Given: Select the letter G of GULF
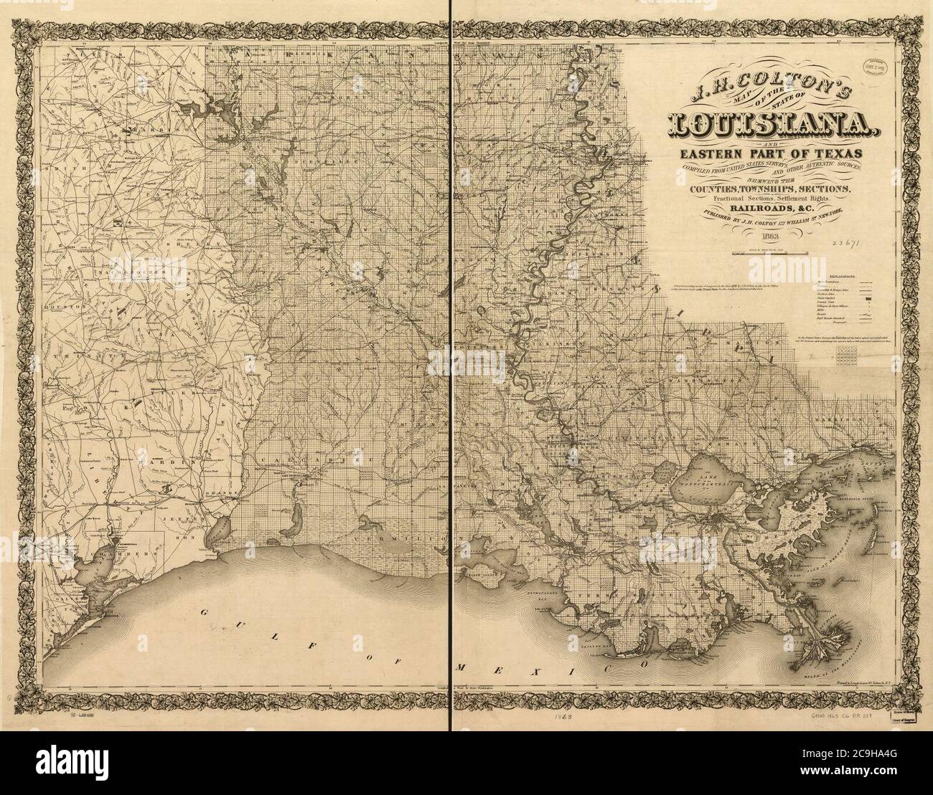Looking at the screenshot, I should [x=205, y=609].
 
